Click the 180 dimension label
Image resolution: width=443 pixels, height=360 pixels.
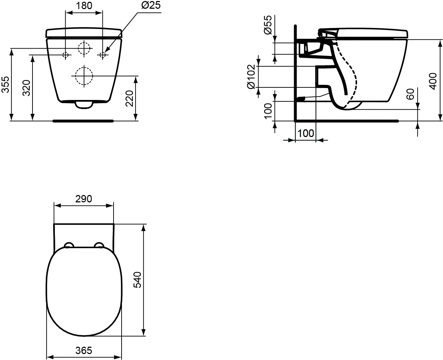pos(84,6)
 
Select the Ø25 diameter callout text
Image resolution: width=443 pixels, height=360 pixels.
pos(151,5)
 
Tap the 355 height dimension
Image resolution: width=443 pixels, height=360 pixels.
pos(5,85)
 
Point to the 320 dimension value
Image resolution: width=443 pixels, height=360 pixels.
pos(27,88)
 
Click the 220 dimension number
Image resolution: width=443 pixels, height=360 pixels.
pos(129,99)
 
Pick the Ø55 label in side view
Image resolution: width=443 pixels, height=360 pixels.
pos(268,25)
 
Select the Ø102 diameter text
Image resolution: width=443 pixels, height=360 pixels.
pos(251,77)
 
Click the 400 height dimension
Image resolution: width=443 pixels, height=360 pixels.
pos(433,81)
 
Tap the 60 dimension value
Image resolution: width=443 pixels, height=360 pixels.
pos(410,94)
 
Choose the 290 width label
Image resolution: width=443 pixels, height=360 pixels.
pos(83,199)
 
